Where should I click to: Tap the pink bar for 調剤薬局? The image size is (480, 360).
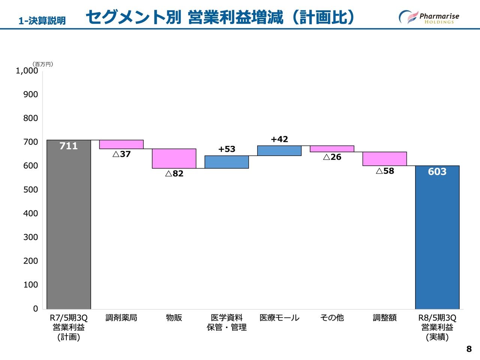(x=121, y=144)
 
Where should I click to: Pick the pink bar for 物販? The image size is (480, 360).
(x=174, y=159)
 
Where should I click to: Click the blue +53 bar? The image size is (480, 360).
(x=227, y=162)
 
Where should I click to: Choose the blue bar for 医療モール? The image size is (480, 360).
(x=279, y=151)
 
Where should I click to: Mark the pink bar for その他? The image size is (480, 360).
(x=332, y=149)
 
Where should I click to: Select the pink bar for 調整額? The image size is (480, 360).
(x=385, y=159)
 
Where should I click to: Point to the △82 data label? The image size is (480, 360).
(x=174, y=174)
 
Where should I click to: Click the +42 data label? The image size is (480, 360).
(x=279, y=139)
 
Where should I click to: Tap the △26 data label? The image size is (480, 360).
(x=332, y=157)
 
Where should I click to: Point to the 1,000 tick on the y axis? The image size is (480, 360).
(x=27, y=70)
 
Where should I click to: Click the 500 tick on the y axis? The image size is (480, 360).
(x=31, y=189)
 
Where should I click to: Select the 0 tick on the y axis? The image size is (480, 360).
(x=36, y=309)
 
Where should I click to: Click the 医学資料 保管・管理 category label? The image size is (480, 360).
(x=227, y=322)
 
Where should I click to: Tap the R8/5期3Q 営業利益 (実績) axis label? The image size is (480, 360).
(x=437, y=327)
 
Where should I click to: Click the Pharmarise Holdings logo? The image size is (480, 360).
(x=429, y=17)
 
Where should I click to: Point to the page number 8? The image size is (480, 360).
(x=469, y=349)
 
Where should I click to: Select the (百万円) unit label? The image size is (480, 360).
(x=43, y=64)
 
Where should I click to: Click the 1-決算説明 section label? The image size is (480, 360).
(x=42, y=21)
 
